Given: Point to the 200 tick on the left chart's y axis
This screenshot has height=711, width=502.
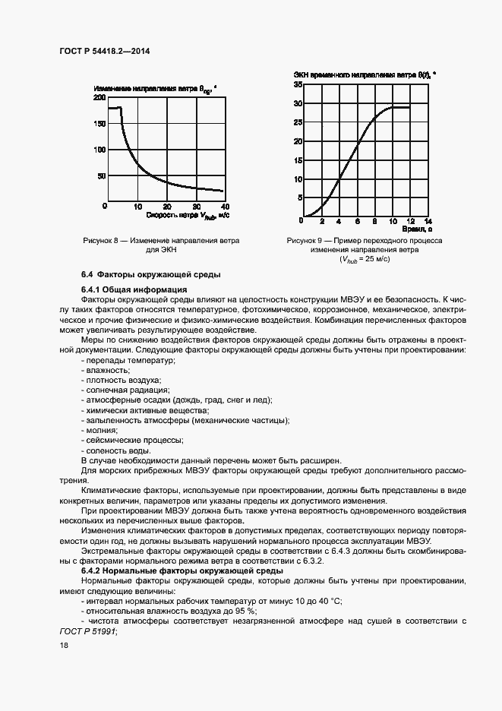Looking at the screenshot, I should click(x=99, y=99).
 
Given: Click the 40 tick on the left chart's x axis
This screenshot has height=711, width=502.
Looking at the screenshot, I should click(x=225, y=207).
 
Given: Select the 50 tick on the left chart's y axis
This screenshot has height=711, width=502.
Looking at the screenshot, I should click(x=102, y=176).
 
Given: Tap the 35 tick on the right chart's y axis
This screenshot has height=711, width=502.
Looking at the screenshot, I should click(x=298, y=84).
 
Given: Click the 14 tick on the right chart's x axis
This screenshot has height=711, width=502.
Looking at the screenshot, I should click(x=428, y=222).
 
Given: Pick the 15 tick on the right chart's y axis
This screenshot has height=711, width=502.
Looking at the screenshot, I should click(x=298, y=161).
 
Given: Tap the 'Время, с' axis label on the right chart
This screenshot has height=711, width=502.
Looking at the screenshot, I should click(x=417, y=229).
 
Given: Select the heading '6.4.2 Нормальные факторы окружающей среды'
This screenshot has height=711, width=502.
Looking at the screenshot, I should click(x=182, y=570).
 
